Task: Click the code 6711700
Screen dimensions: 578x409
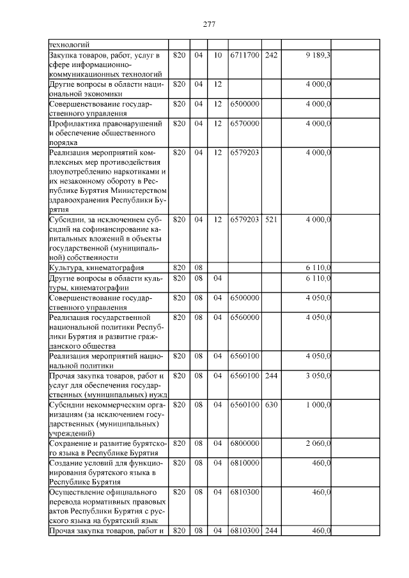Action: [245, 56]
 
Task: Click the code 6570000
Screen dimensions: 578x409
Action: [245, 123]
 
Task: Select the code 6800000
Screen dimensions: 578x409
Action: [245, 443]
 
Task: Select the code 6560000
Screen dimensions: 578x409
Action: [245, 317]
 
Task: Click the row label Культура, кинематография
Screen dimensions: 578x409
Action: [96, 268]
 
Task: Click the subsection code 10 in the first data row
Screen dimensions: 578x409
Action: [217, 56]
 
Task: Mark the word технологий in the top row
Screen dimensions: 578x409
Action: [70, 45]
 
